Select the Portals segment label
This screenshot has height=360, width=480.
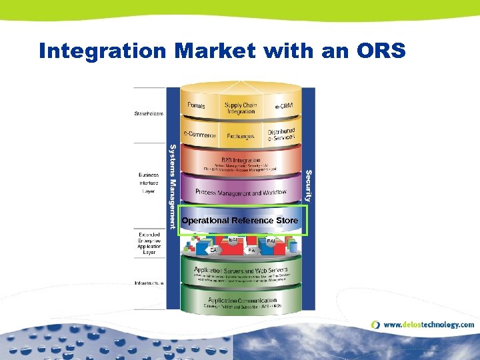click(197, 106)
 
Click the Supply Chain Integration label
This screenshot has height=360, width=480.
click(241, 108)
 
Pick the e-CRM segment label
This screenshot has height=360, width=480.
click(285, 107)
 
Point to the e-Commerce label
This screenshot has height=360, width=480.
click(201, 135)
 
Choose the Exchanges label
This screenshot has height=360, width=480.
click(241, 136)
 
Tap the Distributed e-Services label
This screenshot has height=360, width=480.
click(281, 135)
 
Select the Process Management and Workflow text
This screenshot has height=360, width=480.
click(241, 192)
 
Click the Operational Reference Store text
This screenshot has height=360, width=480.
click(239, 220)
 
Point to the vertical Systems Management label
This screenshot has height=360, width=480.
click(173, 187)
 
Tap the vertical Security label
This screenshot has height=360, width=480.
click(308, 185)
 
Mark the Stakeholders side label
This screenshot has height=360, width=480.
click(149, 113)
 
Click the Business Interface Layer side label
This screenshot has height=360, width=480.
click(149, 183)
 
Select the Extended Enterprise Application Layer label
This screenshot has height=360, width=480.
click(149, 243)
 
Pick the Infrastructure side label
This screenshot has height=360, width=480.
click(149, 283)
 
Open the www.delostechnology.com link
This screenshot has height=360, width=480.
click(429, 325)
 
